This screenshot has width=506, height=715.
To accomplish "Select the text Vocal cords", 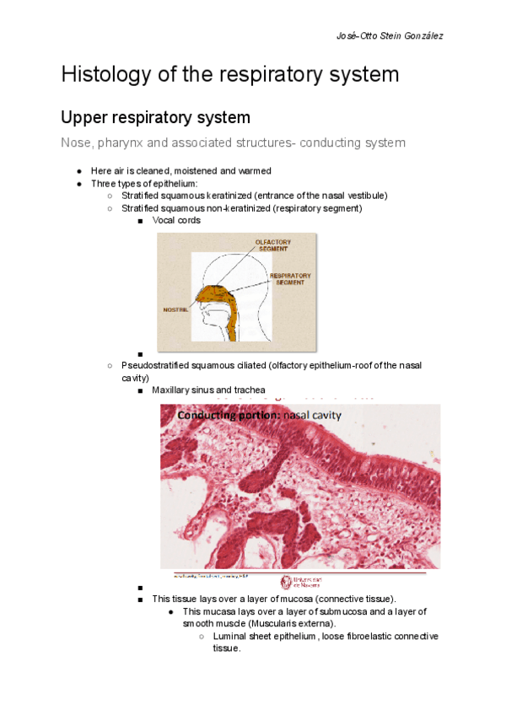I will pos(176,220).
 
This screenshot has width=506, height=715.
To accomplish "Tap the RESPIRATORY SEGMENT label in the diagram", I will pos(290,278).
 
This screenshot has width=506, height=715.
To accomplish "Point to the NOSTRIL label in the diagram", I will pos(175,309).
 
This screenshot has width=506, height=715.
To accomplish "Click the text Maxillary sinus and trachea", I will pos(208,390).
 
